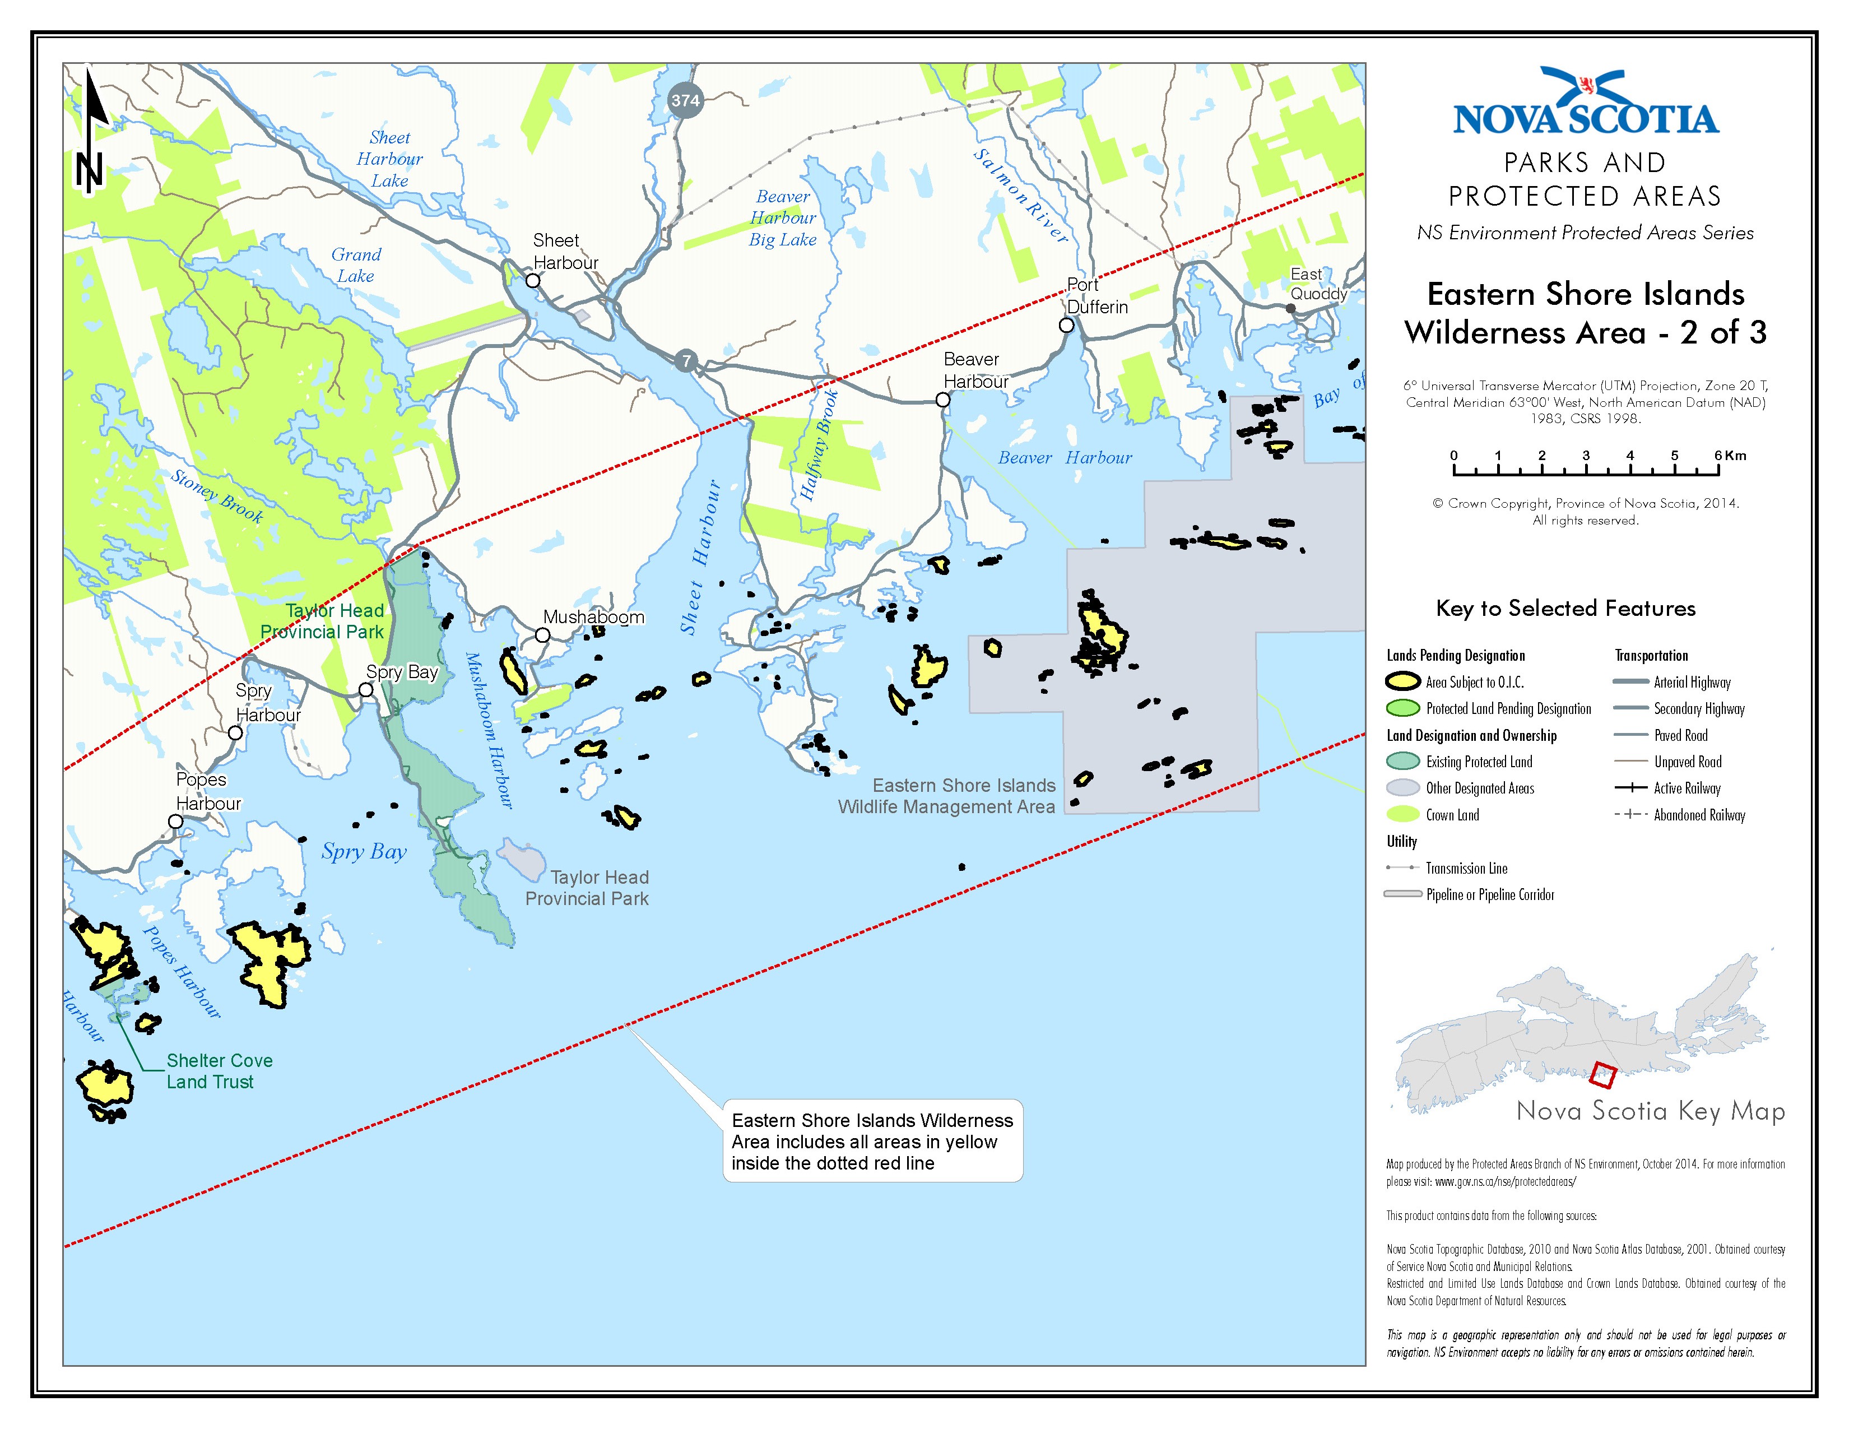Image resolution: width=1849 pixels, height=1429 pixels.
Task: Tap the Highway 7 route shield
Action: click(686, 361)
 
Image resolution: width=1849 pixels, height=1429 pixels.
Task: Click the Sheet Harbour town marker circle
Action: click(532, 280)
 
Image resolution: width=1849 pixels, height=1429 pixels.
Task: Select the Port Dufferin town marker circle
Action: click(1066, 325)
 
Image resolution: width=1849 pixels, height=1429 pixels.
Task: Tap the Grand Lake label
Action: click(356, 265)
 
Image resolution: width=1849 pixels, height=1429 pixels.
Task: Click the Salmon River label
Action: click(1020, 196)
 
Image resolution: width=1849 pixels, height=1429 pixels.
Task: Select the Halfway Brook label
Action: click(819, 444)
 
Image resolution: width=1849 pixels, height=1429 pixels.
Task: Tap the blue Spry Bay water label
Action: click(364, 852)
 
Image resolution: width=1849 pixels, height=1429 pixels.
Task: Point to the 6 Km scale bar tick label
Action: click(1730, 456)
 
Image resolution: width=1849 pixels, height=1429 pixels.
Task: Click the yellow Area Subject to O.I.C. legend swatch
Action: click(1402, 681)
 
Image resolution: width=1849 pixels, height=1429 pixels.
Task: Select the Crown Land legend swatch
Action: click(1402, 814)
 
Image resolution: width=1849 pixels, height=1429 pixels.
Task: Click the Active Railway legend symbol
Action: click(1630, 788)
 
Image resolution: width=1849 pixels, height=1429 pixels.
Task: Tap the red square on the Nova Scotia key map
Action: click(1602, 1075)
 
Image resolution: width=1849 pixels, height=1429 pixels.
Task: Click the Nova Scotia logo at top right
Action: click(1585, 103)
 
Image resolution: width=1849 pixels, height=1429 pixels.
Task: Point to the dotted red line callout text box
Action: click(872, 1141)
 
